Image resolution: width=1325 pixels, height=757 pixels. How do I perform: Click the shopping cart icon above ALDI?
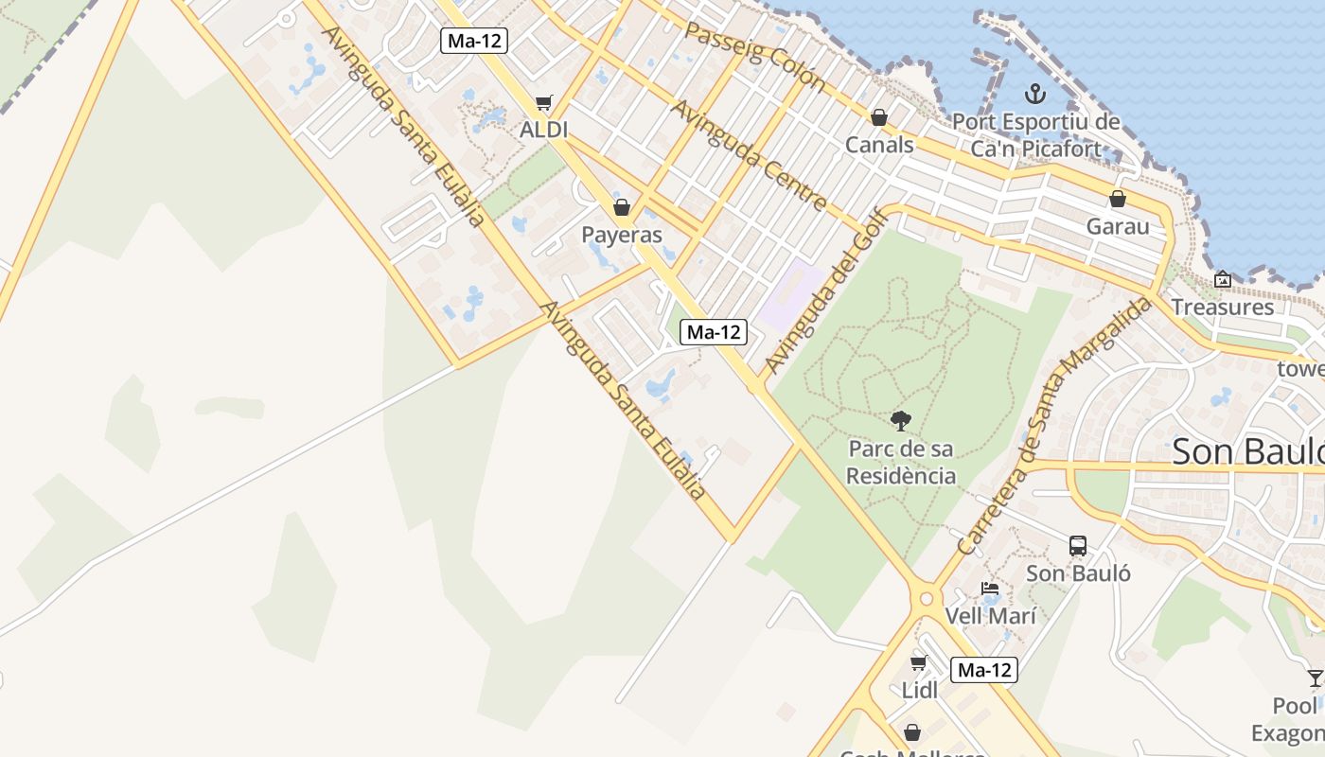pos(543,102)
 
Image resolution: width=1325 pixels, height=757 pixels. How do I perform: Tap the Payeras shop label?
pos(622,234)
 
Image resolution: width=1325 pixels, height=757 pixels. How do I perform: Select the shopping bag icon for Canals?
pos(879,117)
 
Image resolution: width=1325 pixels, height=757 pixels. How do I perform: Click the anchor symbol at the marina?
pos(1035,94)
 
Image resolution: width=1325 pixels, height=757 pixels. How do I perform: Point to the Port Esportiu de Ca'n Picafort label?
pos(1035,135)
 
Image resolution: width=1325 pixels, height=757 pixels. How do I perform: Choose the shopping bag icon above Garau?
pos(1118,199)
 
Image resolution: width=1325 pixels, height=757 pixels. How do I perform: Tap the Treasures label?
pos(1223,307)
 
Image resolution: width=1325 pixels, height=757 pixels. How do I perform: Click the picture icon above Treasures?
pos(1223,279)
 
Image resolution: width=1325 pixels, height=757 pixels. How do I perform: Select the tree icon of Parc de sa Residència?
pos(900,420)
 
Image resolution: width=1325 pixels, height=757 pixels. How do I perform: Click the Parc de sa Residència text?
pos(900,462)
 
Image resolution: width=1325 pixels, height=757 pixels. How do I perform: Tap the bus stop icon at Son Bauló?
pos(1078,545)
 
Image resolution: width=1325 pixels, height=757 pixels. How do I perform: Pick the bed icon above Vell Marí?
pos(990,589)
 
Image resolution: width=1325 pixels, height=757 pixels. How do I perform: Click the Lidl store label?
pos(919,690)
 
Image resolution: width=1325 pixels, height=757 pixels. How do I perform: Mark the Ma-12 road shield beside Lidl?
pos(984,670)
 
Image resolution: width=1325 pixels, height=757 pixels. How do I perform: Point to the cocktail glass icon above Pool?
pos(1315,678)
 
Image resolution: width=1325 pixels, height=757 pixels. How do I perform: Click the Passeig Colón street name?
pos(754,55)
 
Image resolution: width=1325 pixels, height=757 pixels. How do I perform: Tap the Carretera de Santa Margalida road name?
pos(1054,426)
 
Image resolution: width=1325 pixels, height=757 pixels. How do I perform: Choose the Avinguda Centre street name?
pos(749,154)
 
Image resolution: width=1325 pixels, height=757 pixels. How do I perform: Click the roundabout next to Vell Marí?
pos(927,598)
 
